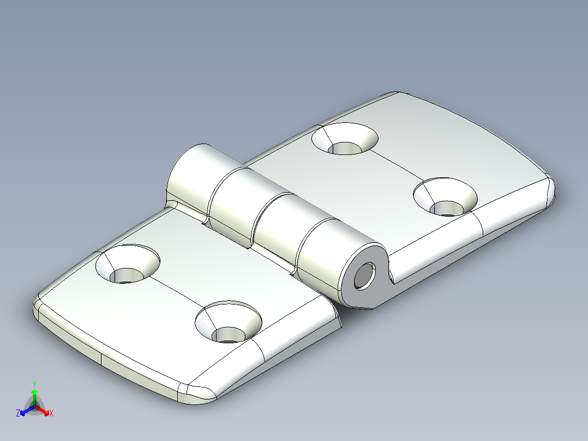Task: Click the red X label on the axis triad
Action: tap(51, 413)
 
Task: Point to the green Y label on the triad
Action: tap(34, 383)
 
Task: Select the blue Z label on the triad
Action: tap(18, 413)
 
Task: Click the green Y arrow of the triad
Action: tap(34, 394)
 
